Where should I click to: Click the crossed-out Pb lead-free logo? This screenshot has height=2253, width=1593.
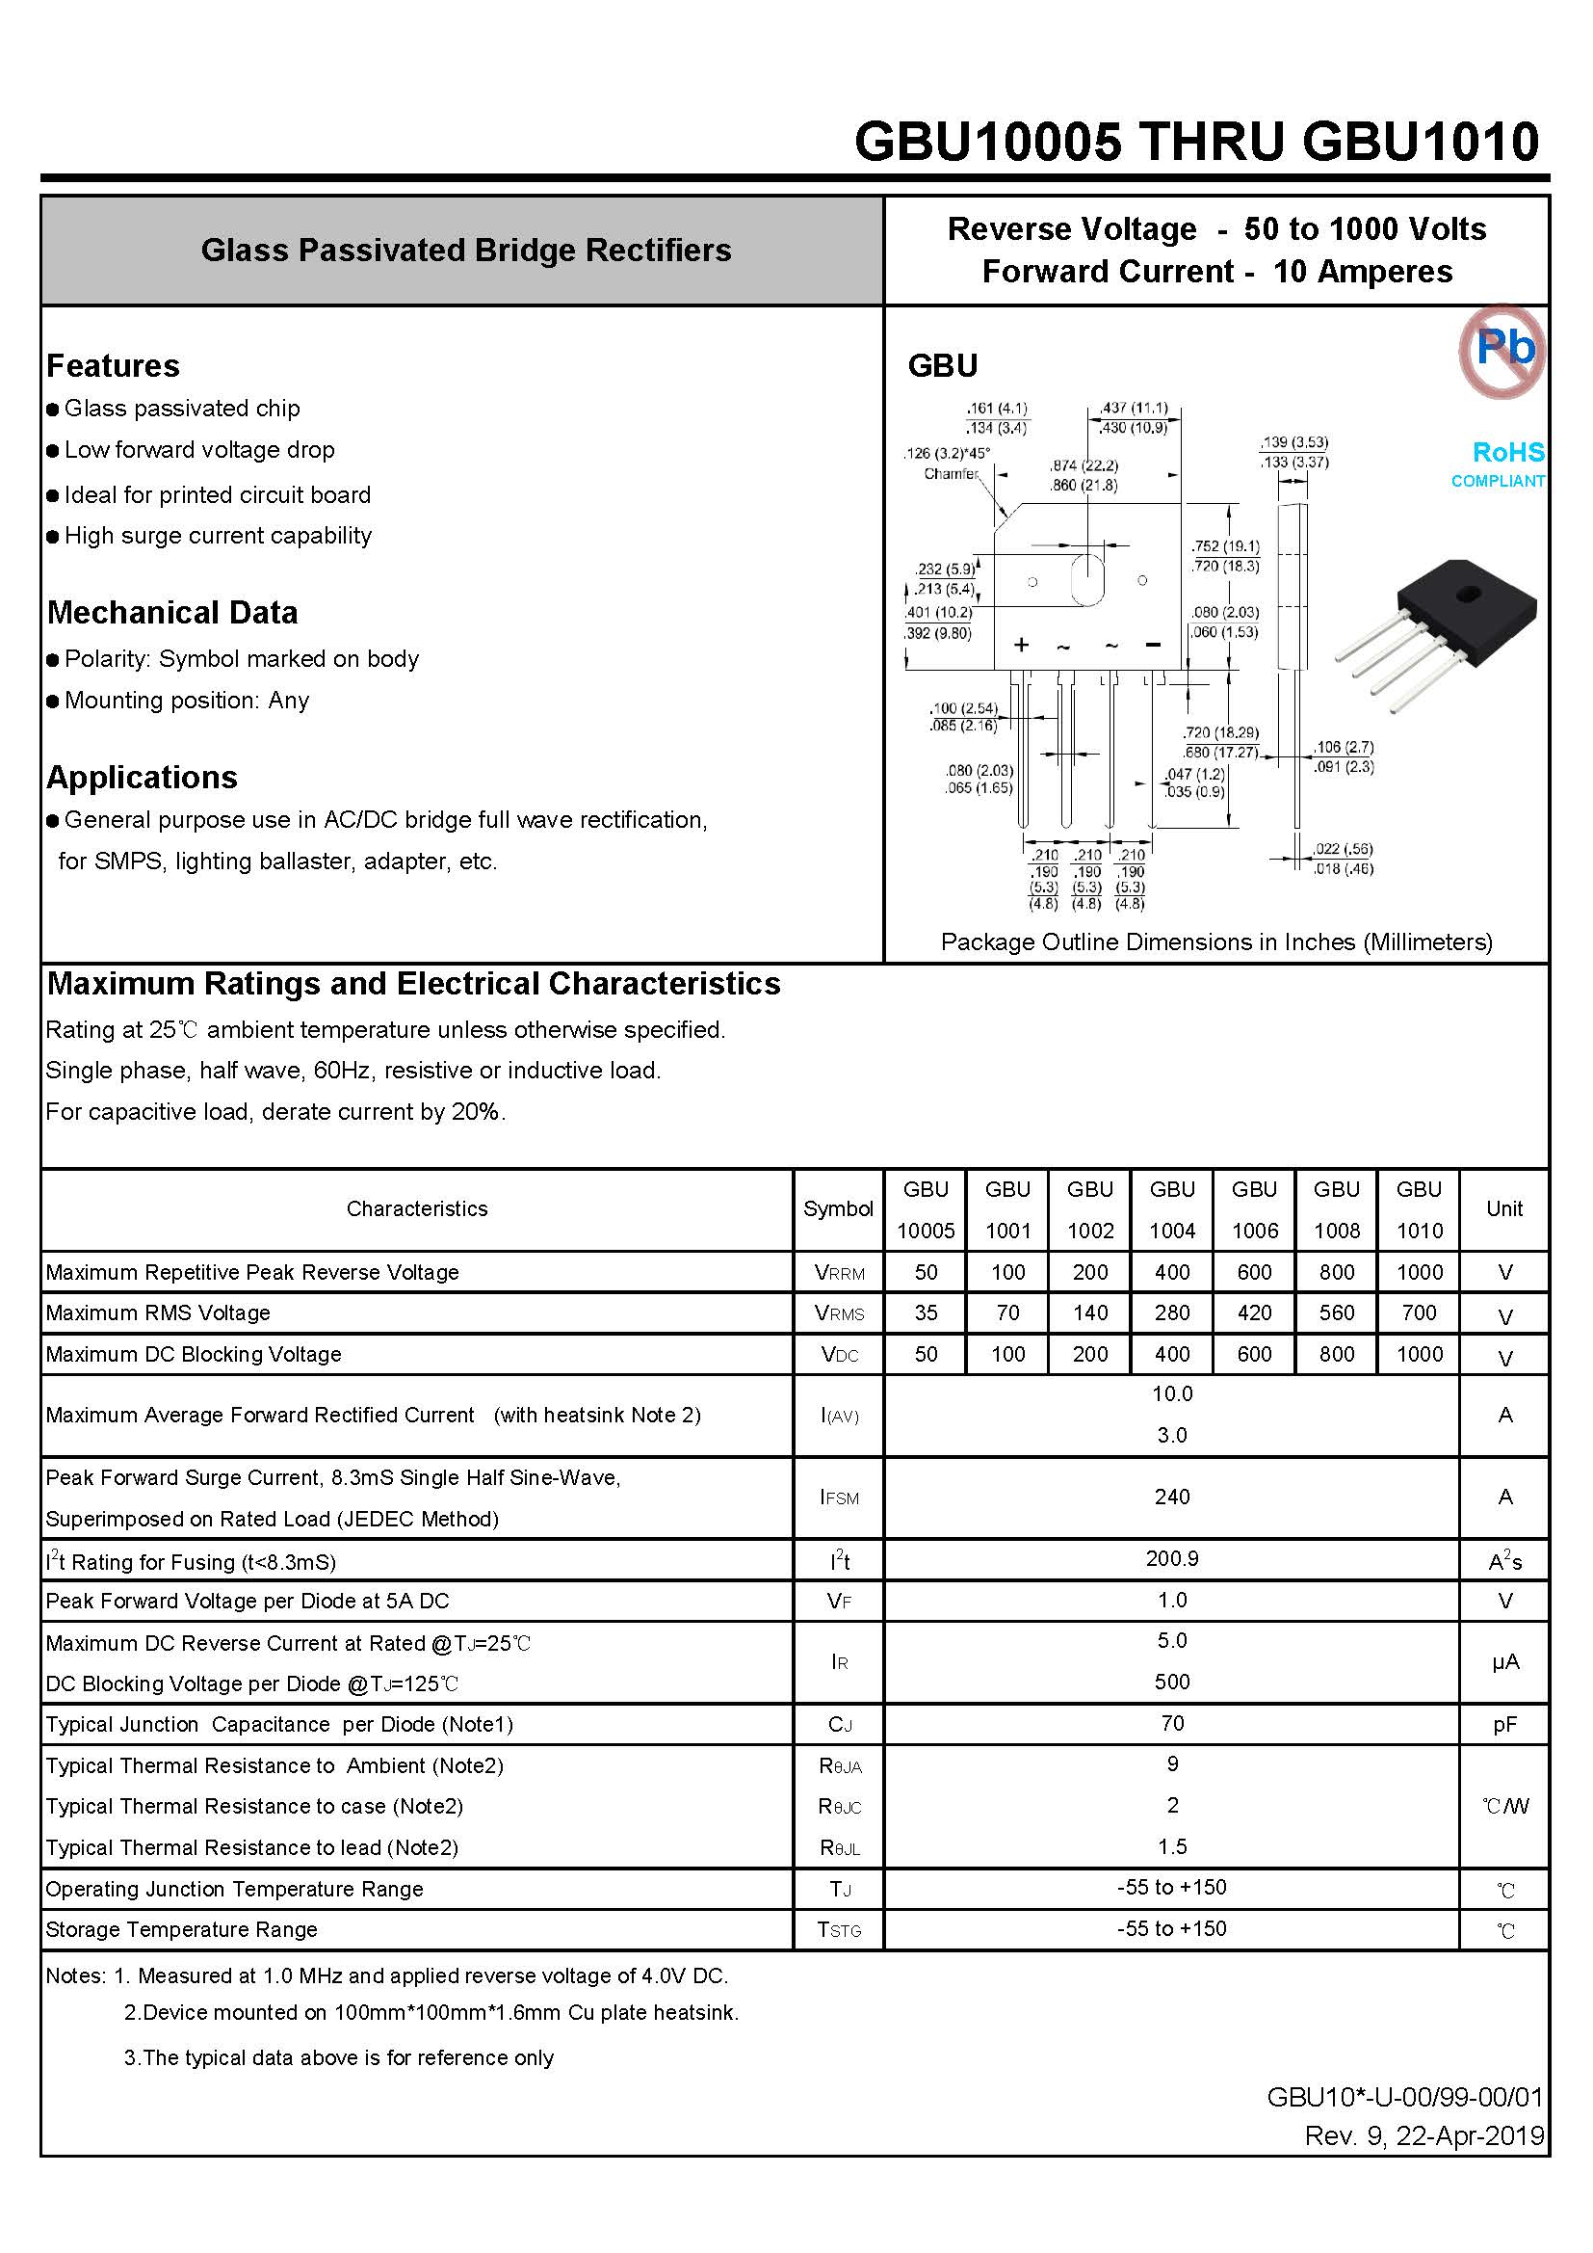(x=1501, y=350)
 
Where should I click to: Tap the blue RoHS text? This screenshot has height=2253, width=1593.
(x=1507, y=452)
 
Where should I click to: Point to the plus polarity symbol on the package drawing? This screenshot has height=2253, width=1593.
(x=1021, y=645)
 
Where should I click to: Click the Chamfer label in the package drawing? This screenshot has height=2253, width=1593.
(x=951, y=474)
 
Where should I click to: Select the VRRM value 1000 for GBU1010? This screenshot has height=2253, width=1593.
(x=1419, y=1272)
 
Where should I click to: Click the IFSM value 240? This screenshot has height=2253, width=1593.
(x=1171, y=1497)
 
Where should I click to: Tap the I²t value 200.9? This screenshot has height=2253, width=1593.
(x=1171, y=1558)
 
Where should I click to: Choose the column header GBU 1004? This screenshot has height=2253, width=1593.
(x=1171, y=1209)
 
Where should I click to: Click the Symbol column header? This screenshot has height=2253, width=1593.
(x=838, y=1209)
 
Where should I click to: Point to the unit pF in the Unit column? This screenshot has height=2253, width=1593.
(x=1503, y=1724)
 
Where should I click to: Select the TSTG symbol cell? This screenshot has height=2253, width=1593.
(x=840, y=1929)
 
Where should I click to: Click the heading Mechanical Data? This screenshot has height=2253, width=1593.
(x=172, y=612)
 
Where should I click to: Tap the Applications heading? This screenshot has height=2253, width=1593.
(x=143, y=777)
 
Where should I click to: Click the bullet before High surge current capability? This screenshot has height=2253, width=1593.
(x=53, y=537)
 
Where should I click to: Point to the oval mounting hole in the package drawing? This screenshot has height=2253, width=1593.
(x=1086, y=580)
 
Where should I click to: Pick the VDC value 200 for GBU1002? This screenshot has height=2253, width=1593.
(x=1090, y=1354)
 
